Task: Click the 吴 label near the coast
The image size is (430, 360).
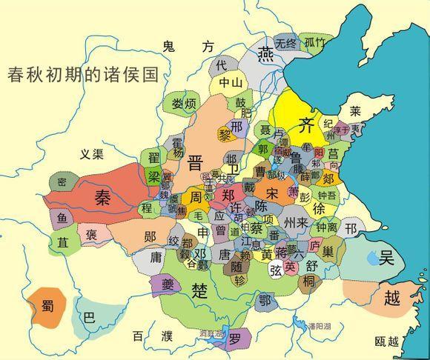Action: [x=386, y=259]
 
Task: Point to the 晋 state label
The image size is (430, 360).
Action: [x=196, y=162]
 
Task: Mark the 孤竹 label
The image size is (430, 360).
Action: [x=314, y=43]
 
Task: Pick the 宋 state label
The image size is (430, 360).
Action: [x=273, y=193]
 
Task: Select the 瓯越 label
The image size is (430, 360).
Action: [x=387, y=341]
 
